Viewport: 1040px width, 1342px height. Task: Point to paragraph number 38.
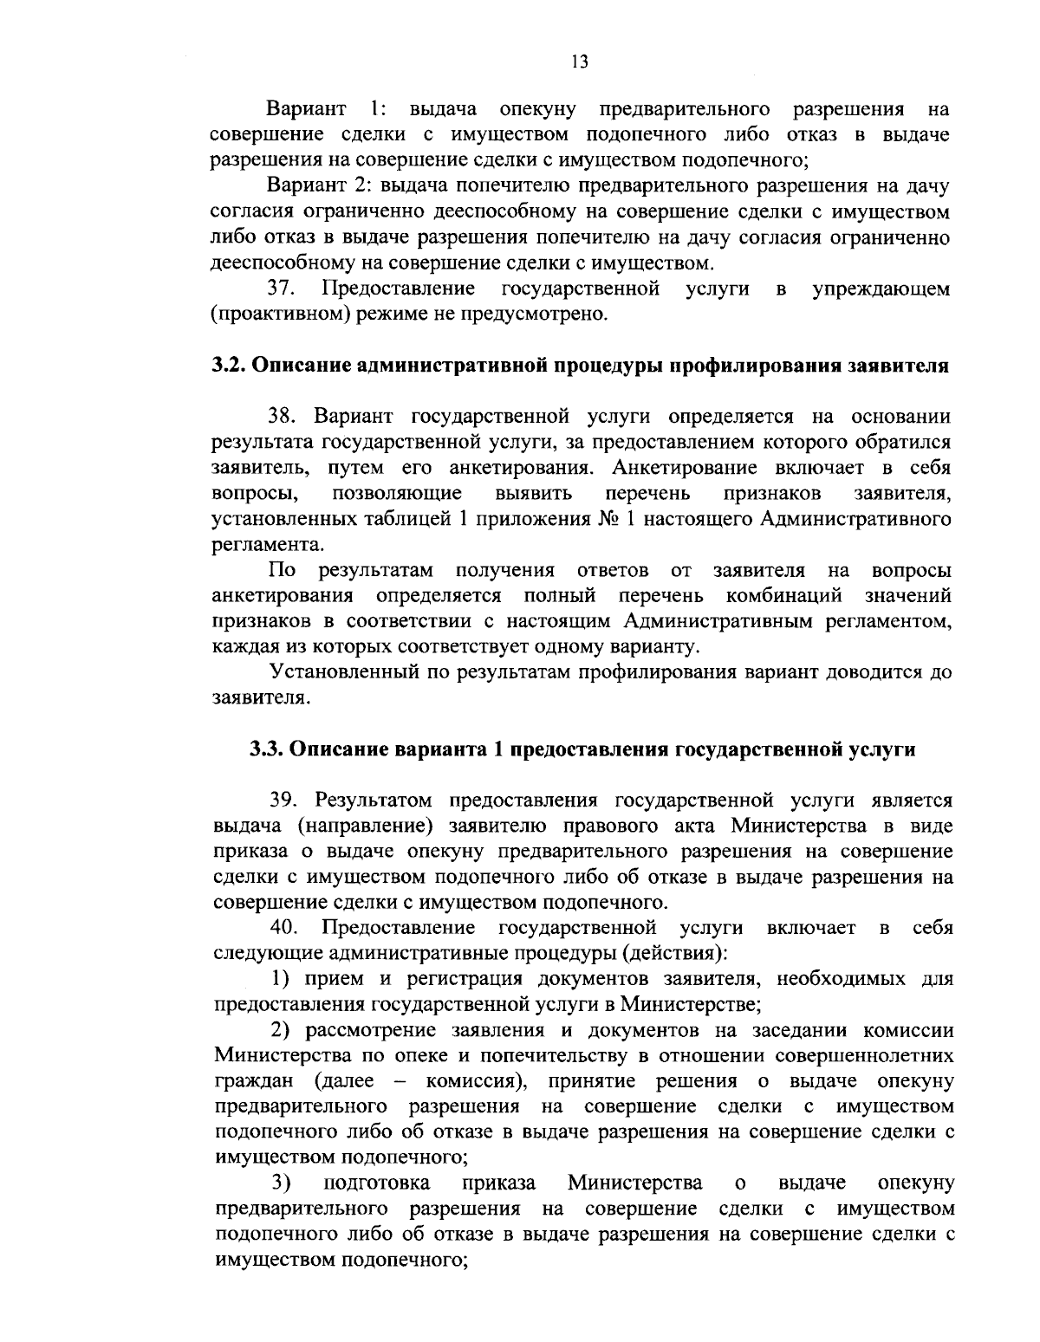[x=283, y=417]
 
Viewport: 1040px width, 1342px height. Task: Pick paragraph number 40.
[x=284, y=929]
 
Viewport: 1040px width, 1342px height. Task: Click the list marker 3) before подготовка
[x=279, y=1183]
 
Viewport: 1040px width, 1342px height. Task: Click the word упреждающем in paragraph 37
[x=881, y=288]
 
